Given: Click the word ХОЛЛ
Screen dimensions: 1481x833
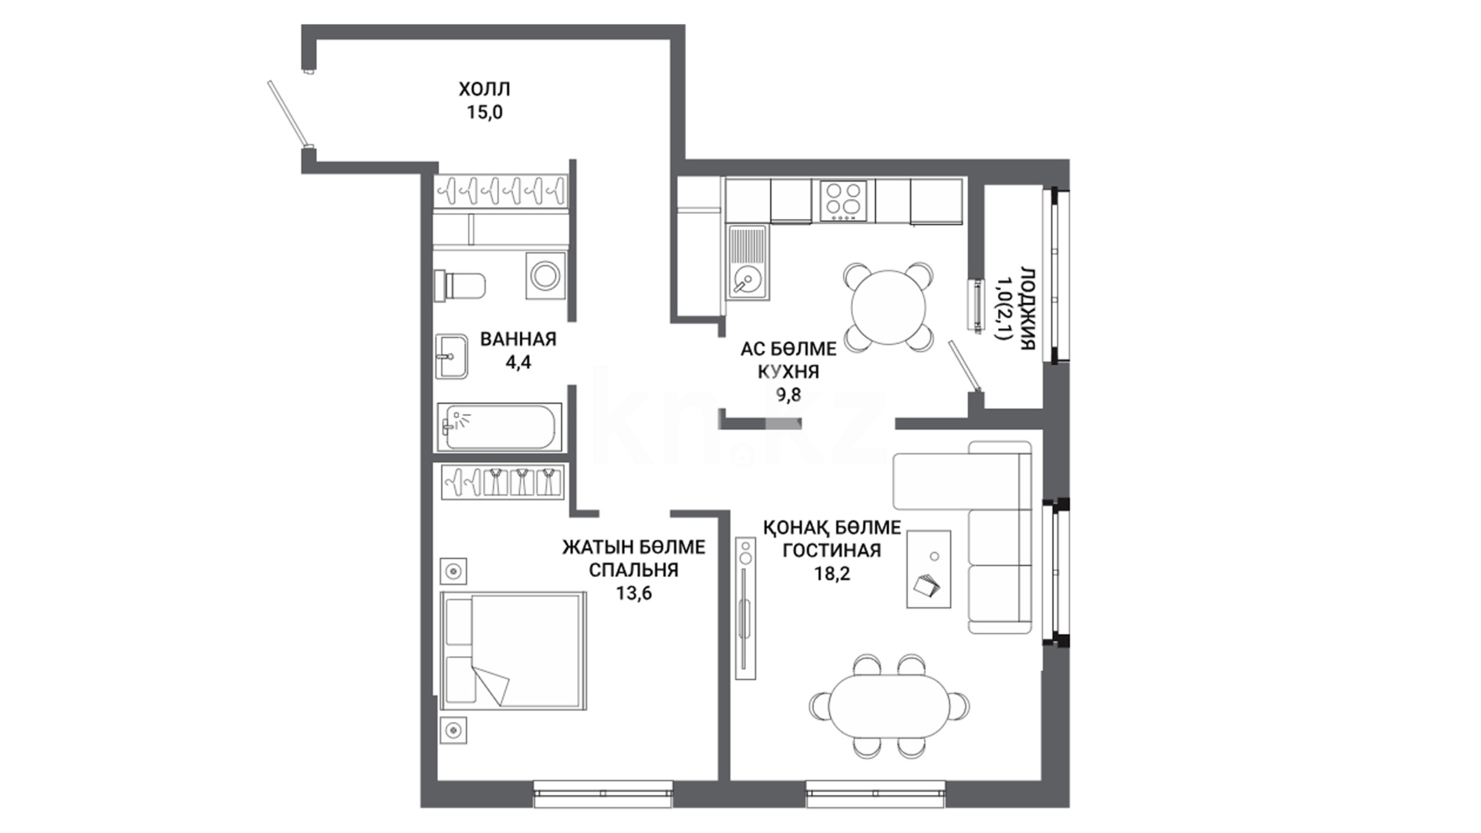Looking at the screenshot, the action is pyautogui.click(x=484, y=89).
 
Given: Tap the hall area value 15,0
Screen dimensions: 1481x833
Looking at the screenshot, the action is pyautogui.click(x=484, y=113).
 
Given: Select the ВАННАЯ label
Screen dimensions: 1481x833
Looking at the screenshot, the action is pyautogui.click(x=518, y=339).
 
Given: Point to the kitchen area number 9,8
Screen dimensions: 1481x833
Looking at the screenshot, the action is pyautogui.click(x=788, y=395).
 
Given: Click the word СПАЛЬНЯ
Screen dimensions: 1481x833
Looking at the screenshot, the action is pyautogui.click(x=634, y=570).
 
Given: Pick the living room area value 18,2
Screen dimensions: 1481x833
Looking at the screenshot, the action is pyautogui.click(x=832, y=574).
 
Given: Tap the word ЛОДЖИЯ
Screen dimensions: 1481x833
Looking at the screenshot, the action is pyautogui.click(x=1027, y=309).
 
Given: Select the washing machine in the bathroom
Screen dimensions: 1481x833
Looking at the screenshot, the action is pyautogui.click(x=546, y=275).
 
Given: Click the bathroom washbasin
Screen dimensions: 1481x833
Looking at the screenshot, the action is pyautogui.click(x=451, y=356).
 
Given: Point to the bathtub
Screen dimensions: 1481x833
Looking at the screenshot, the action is pyautogui.click(x=500, y=427).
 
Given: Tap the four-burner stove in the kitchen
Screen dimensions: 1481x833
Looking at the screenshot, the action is pyautogui.click(x=843, y=201).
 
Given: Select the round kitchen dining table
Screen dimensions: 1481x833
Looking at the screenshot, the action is pyautogui.click(x=888, y=308).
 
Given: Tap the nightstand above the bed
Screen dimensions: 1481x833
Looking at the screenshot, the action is pyautogui.click(x=454, y=572).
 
